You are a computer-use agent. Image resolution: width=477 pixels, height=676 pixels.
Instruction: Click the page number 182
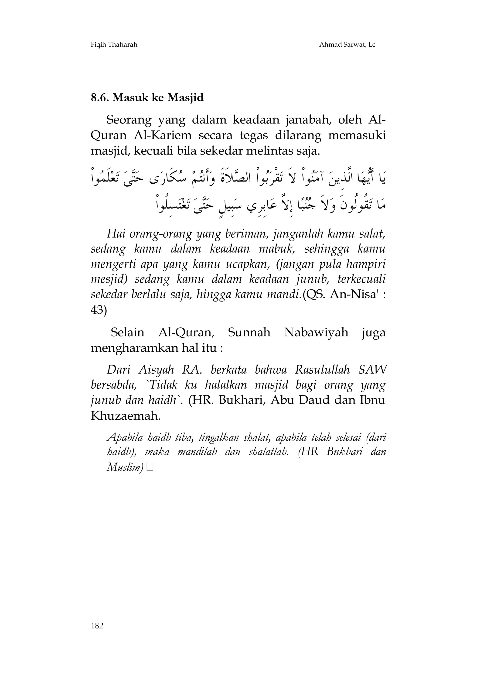[97, 634]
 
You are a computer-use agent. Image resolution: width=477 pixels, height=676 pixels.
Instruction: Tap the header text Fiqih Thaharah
[114, 45]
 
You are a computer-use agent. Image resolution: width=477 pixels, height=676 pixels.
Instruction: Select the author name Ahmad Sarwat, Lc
[347, 45]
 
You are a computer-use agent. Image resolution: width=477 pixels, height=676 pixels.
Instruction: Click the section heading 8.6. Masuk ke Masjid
[147, 97]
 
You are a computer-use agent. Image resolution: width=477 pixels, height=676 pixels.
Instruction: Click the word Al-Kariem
[162, 135]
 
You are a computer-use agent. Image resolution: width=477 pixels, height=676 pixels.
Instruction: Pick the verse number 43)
[99, 310]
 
